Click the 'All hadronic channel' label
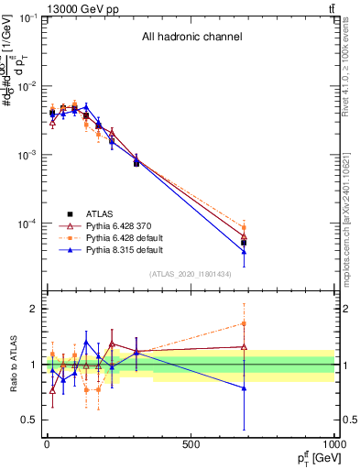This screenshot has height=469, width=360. pos(191,38)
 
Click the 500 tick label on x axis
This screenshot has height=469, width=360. pos(191,445)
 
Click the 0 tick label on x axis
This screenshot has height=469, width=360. pos(47,445)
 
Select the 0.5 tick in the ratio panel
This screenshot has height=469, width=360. pos(29,420)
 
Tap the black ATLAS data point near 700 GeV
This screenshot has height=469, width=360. pos(244,243)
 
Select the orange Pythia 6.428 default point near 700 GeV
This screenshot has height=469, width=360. pos(244,228)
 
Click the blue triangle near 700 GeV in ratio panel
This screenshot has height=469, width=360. pos(244,388)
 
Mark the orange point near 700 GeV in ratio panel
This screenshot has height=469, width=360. pos(244,323)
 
